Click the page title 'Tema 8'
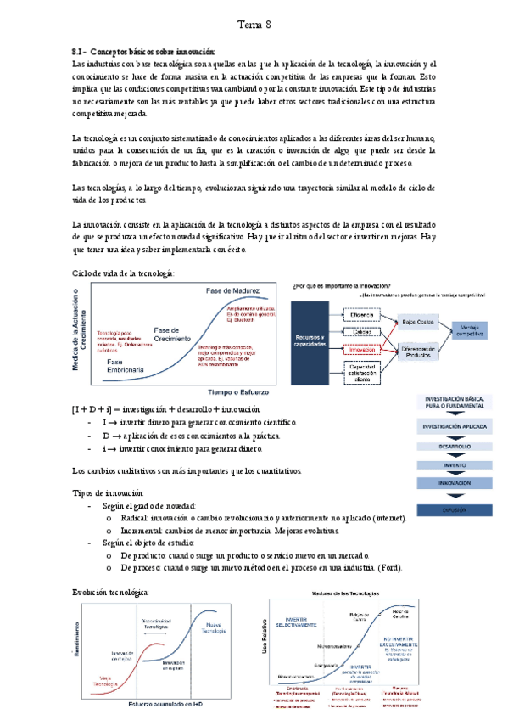pos(254,25)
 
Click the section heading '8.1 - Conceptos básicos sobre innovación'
pos(143,52)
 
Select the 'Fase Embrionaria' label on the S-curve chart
pos(126,366)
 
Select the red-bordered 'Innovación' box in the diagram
pos(363,348)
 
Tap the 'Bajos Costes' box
pos(418,323)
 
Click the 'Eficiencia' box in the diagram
pos(363,314)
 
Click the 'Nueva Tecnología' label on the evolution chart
pos(215,629)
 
